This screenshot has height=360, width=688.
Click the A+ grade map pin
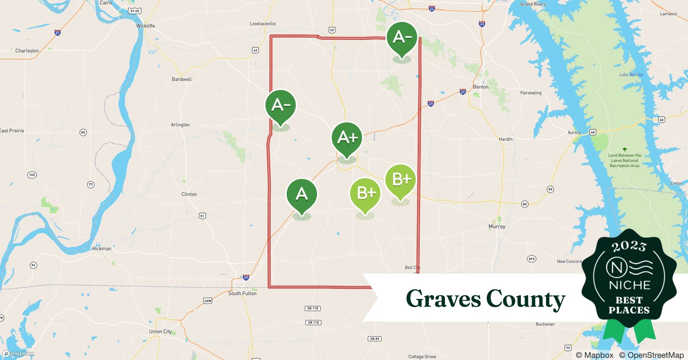(347, 138)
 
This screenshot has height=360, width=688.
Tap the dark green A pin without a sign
(301, 194)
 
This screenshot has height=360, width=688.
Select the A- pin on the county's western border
(281, 105)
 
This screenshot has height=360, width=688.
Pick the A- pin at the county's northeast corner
(402, 37)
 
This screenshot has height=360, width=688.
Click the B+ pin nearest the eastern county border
(400, 180)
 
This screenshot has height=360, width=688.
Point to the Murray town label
(497, 226)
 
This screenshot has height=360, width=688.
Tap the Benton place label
(481, 87)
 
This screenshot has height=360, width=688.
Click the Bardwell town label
(182, 79)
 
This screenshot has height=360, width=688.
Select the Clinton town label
(189, 194)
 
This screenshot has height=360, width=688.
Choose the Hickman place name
(102, 248)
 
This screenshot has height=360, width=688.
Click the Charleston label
(27, 51)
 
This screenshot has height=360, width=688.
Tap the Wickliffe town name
(146, 26)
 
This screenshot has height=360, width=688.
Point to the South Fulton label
(242, 293)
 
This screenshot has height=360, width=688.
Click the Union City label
(160, 331)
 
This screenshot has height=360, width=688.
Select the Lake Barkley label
(631, 75)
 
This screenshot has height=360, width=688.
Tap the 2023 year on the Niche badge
(629, 246)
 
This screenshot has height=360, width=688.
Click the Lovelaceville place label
(263, 24)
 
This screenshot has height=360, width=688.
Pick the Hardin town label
(505, 139)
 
